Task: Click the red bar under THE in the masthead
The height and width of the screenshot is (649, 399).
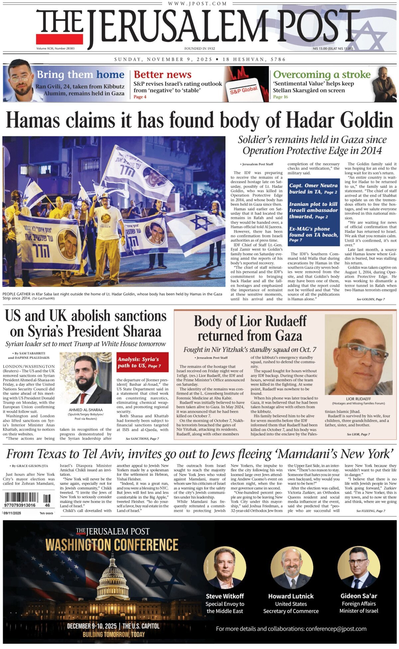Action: (x=60, y=39)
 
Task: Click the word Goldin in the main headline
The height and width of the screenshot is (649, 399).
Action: (x=363, y=120)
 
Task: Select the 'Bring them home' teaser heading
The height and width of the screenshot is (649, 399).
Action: (x=80, y=74)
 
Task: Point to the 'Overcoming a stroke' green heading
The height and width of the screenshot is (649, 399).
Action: (x=322, y=74)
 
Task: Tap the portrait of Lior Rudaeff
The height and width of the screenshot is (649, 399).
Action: (x=358, y=354)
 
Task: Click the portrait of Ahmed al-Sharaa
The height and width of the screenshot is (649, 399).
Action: (x=85, y=378)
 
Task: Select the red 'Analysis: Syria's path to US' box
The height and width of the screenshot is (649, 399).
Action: (x=142, y=362)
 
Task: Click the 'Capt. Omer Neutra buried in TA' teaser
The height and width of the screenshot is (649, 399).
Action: (x=313, y=189)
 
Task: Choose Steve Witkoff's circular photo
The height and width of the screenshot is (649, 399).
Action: (x=225, y=568)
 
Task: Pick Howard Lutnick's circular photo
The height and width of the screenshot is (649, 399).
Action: (x=291, y=568)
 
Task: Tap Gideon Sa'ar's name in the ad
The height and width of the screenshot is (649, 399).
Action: (x=358, y=596)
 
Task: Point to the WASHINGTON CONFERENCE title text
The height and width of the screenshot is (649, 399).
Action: (x=112, y=545)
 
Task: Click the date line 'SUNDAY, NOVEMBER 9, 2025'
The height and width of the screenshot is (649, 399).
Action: (x=163, y=60)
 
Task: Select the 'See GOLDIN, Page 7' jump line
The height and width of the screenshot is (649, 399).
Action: (x=370, y=299)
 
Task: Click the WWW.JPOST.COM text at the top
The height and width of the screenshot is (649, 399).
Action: (x=197, y=4)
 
